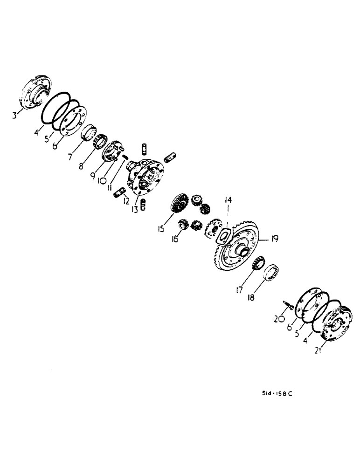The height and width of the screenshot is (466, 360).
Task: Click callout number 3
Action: tap(15, 113)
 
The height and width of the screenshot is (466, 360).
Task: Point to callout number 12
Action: tap(126, 201)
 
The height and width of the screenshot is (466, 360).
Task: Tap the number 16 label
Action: tap(175, 239)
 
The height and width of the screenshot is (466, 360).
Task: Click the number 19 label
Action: tap(274, 239)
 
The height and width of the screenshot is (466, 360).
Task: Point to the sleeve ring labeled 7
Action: tap(88, 130)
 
